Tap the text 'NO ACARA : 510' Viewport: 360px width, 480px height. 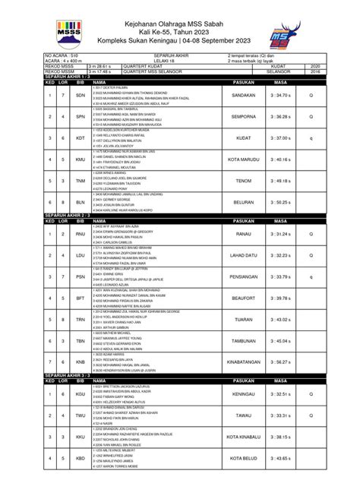coord(63,55)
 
